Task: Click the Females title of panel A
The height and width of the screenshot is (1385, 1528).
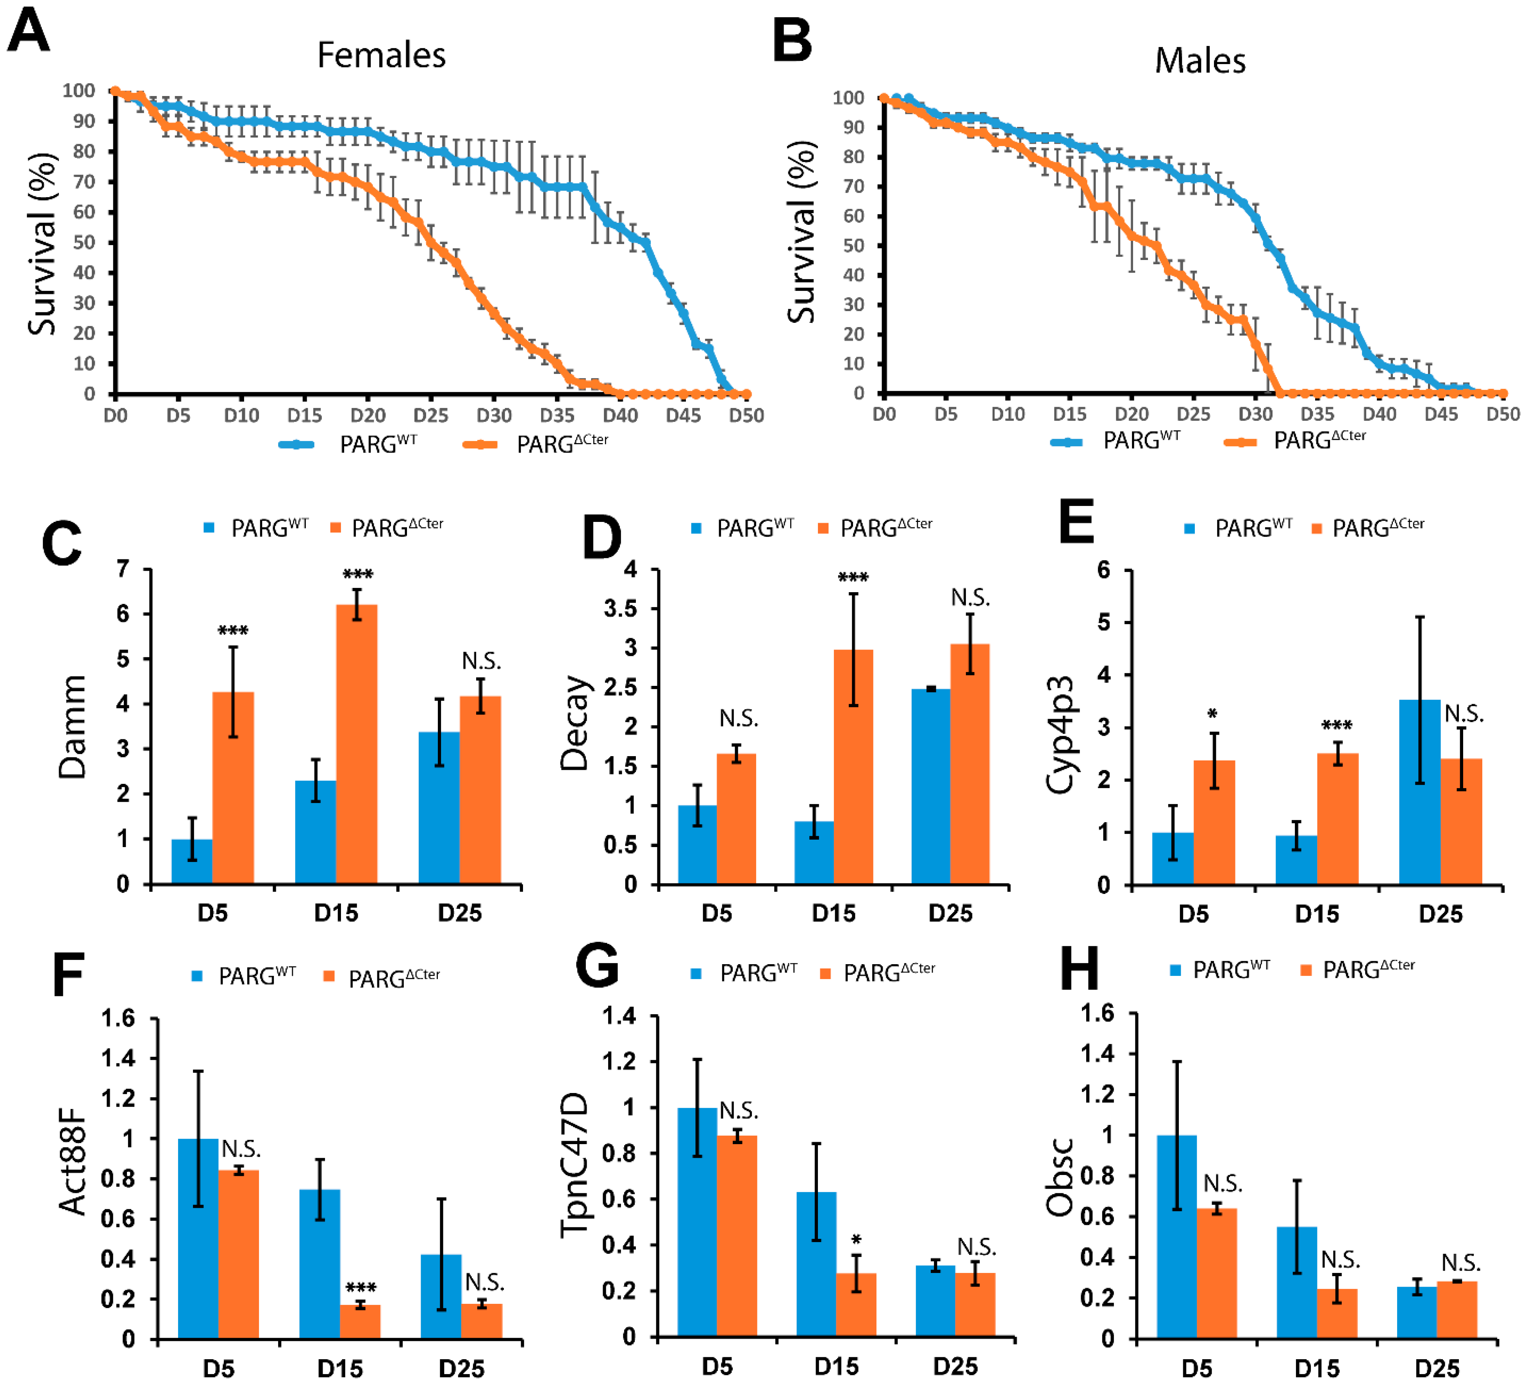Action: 381,55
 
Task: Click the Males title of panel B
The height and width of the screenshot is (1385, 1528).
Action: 1200,61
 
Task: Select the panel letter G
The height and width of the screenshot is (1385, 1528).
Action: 597,966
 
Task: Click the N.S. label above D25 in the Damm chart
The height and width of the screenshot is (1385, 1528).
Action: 481,661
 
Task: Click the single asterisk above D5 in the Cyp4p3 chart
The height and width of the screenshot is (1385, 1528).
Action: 1213,714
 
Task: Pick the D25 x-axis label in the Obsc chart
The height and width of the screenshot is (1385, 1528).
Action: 1437,1368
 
